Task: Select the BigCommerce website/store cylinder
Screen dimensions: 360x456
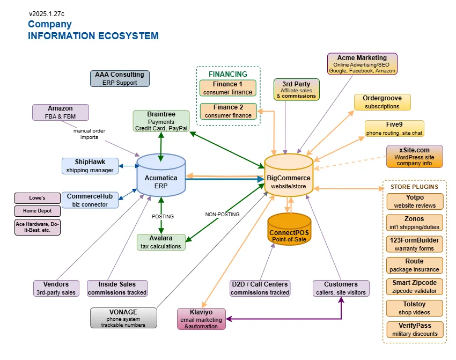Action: coord(289,177)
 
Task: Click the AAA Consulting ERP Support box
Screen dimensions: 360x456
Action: coord(120,78)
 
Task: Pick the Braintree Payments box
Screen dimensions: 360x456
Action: coord(161,121)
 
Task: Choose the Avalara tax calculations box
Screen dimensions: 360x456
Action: coord(161,242)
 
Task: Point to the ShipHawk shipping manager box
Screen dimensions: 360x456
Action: coord(90,166)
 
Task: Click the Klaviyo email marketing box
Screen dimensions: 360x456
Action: coord(202,319)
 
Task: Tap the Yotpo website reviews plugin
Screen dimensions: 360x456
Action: coord(415,201)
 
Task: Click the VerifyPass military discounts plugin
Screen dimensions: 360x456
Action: coord(415,329)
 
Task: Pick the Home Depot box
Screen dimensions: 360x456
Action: coord(38,211)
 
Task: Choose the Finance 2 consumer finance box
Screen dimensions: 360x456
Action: coord(228,111)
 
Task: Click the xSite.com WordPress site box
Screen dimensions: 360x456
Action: coord(415,156)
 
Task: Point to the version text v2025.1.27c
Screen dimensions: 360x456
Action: coord(47,13)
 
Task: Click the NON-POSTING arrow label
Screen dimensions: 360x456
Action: coord(222,214)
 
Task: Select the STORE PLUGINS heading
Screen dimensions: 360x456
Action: coord(415,187)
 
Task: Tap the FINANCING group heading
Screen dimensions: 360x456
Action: coord(228,74)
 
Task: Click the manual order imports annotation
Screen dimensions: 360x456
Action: coord(89,134)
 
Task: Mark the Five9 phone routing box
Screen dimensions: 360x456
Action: coord(394,128)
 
